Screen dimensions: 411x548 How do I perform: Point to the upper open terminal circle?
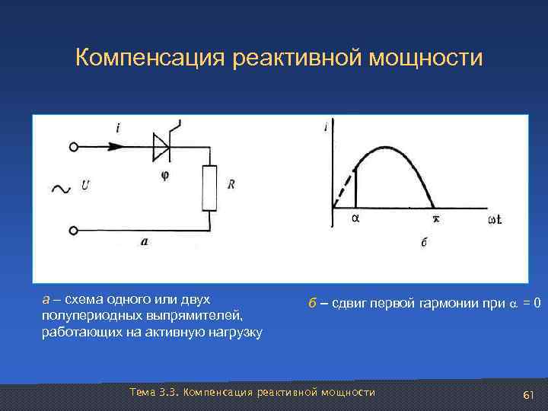point(74,147)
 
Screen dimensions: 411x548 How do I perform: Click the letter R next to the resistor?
point(231,184)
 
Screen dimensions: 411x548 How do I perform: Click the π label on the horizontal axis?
point(436,219)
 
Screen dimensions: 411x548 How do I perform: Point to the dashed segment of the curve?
point(346,182)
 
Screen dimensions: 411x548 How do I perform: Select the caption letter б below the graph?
point(424,244)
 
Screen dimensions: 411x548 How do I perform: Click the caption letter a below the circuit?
point(145,241)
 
